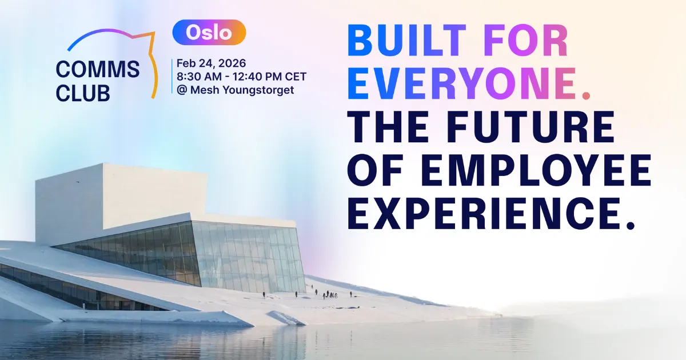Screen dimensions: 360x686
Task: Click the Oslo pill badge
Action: pyautogui.click(x=209, y=33)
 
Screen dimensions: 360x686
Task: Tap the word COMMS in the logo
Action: pyautogui.click(x=98, y=70)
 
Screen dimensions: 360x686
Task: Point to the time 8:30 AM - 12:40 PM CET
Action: pyautogui.click(x=241, y=77)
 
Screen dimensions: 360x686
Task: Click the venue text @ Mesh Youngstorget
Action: pyautogui.click(x=235, y=90)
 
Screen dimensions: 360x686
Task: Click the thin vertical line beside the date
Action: pyautogui.click(x=171, y=76)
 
